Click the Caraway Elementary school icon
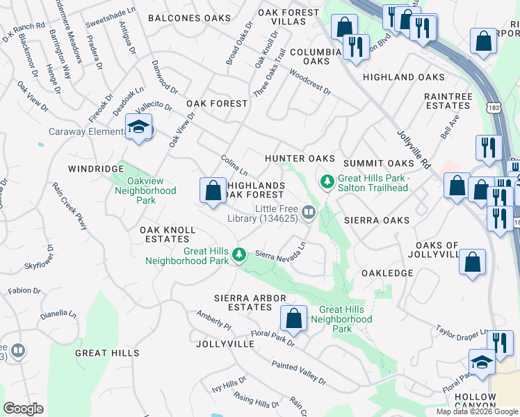[138, 127]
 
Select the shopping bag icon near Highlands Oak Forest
[213, 190]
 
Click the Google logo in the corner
[23, 409]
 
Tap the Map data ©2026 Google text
[476, 411]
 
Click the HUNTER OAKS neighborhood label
[300, 159]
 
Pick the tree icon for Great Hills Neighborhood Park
[239, 254]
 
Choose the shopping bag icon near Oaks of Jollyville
[472, 262]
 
